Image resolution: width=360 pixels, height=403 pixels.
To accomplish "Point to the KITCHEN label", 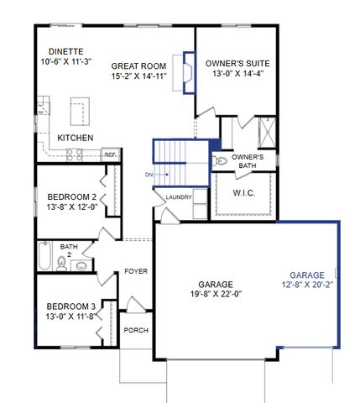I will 75,138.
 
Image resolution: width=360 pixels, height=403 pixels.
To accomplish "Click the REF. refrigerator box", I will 110,154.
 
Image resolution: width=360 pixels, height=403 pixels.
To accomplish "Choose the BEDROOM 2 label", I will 68,196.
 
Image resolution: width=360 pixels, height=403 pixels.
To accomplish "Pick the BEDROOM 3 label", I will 68,306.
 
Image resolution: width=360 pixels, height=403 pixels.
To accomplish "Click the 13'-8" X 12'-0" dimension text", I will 68,207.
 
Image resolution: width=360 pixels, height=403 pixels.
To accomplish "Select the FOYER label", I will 136,271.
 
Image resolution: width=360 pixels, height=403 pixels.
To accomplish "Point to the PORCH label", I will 135,330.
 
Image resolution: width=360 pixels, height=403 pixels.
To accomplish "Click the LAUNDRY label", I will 179,198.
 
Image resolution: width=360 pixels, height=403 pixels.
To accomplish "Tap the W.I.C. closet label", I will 243,192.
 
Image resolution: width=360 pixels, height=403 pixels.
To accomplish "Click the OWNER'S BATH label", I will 248,161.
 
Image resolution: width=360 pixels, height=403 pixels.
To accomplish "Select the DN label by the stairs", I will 149,175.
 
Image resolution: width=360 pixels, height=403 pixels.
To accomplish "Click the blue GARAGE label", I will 307,275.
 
